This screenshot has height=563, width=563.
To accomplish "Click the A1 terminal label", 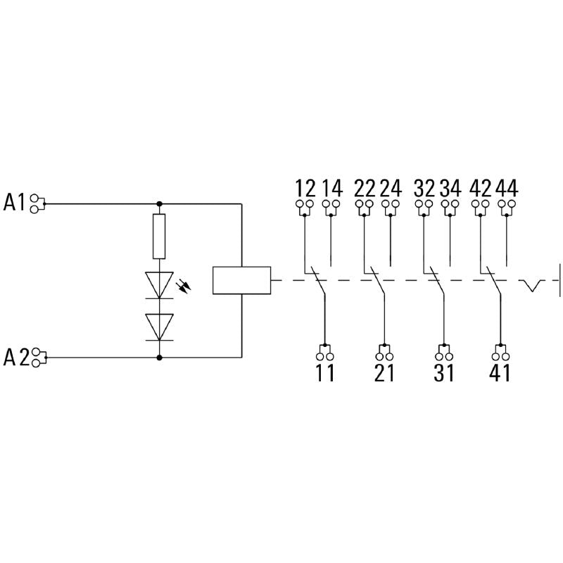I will point(15,203).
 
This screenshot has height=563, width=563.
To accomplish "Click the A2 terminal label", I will point(16,358).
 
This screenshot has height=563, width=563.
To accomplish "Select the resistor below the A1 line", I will point(160,238).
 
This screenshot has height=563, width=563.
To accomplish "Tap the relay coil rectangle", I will point(241,279).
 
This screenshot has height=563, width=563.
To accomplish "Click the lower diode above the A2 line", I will point(160,326).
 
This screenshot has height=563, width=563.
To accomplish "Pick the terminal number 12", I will point(305,189).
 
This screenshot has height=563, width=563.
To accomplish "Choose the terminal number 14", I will point(331,189).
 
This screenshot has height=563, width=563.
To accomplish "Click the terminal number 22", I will point(365,189).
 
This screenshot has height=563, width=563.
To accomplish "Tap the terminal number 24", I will point(391,189).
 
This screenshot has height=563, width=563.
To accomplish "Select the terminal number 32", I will point(424,189).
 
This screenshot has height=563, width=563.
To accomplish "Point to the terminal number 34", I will point(450,189).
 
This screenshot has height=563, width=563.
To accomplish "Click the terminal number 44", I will point(507,189).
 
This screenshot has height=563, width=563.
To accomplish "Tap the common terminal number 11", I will point(325,372).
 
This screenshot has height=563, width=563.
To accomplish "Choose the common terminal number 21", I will point(384,372).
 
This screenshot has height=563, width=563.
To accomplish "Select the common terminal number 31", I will point(443,372).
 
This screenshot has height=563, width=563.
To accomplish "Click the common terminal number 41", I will point(499,372).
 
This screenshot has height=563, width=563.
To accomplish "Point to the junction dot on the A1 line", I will point(160,204).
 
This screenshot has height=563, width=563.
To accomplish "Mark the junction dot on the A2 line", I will point(160,358).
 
